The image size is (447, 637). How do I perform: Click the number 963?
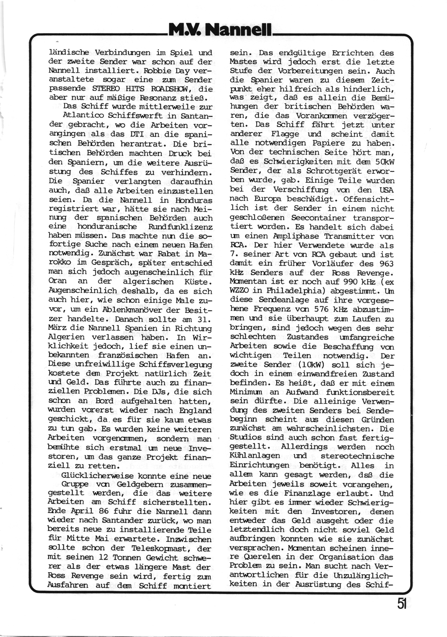click(385, 264)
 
